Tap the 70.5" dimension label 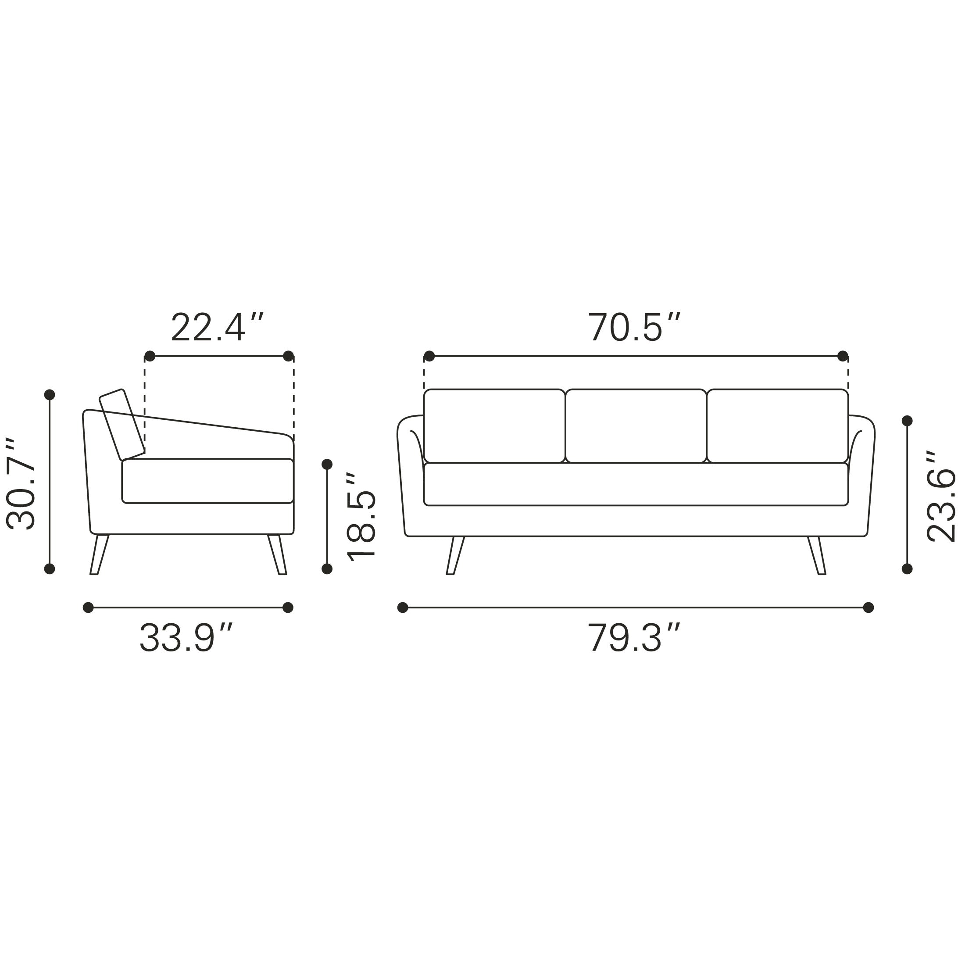634,328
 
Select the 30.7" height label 21,483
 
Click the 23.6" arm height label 941,497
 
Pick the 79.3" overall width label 634,638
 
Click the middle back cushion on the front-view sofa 636,425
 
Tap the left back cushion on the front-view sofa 494,425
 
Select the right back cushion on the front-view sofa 778,425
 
